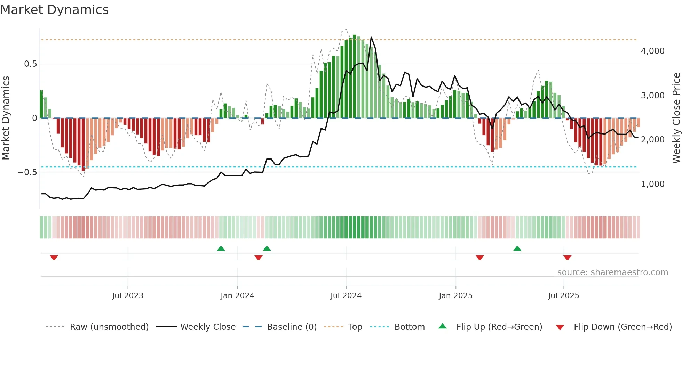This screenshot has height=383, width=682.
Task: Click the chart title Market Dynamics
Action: point(54,10)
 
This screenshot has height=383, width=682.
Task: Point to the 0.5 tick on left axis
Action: point(30,64)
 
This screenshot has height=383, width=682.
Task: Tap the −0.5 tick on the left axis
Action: point(27,172)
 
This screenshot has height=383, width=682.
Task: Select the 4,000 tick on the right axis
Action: point(652,51)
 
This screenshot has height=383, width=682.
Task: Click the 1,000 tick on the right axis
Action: point(652,184)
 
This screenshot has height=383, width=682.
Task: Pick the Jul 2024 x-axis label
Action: point(346,296)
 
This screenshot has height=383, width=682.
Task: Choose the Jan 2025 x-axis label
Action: point(455,296)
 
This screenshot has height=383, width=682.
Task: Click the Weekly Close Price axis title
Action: point(676,118)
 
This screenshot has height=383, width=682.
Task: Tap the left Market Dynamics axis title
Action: point(6,118)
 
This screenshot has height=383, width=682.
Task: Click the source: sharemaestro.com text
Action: point(612,272)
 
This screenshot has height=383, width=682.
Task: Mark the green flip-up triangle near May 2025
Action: point(517,248)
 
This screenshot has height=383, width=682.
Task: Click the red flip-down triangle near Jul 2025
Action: point(567,258)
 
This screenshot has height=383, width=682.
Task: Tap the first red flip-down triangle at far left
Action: point(54,258)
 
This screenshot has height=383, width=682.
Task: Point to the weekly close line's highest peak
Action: point(371,37)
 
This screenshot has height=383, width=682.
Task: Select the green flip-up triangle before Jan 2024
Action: point(221,248)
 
